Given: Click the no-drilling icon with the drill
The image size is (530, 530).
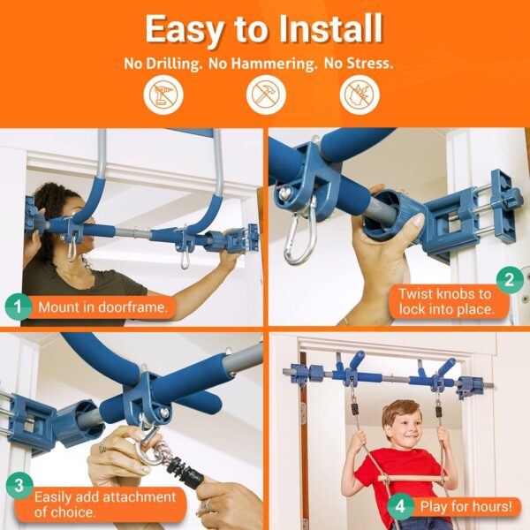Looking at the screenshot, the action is pyautogui.click(x=163, y=95).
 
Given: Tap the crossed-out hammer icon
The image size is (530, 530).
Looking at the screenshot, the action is pyautogui.click(x=266, y=95).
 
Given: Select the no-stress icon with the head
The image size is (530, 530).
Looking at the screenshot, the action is pyautogui.click(x=360, y=95).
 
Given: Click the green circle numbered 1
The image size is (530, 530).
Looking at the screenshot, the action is pyautogui.click(x=19, y=307).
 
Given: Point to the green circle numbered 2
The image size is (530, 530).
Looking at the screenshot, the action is pyautogui.click(x=510, y=280).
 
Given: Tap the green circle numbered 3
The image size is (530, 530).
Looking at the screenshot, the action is pyautogui.click(x=19, y=485).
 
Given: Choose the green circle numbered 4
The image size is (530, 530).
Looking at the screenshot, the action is pyautogui.click(x=400, y=506).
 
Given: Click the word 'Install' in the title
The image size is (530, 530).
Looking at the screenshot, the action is pyautogui.click(x=331, y=29).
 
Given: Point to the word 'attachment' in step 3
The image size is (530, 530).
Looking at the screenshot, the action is pyautogui.click(x=139, y=496).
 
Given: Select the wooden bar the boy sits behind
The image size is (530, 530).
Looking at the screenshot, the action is pyautogui.click(x=413, y=478).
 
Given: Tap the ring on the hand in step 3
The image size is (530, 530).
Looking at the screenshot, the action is pyautogui.click(x=102, y=448).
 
